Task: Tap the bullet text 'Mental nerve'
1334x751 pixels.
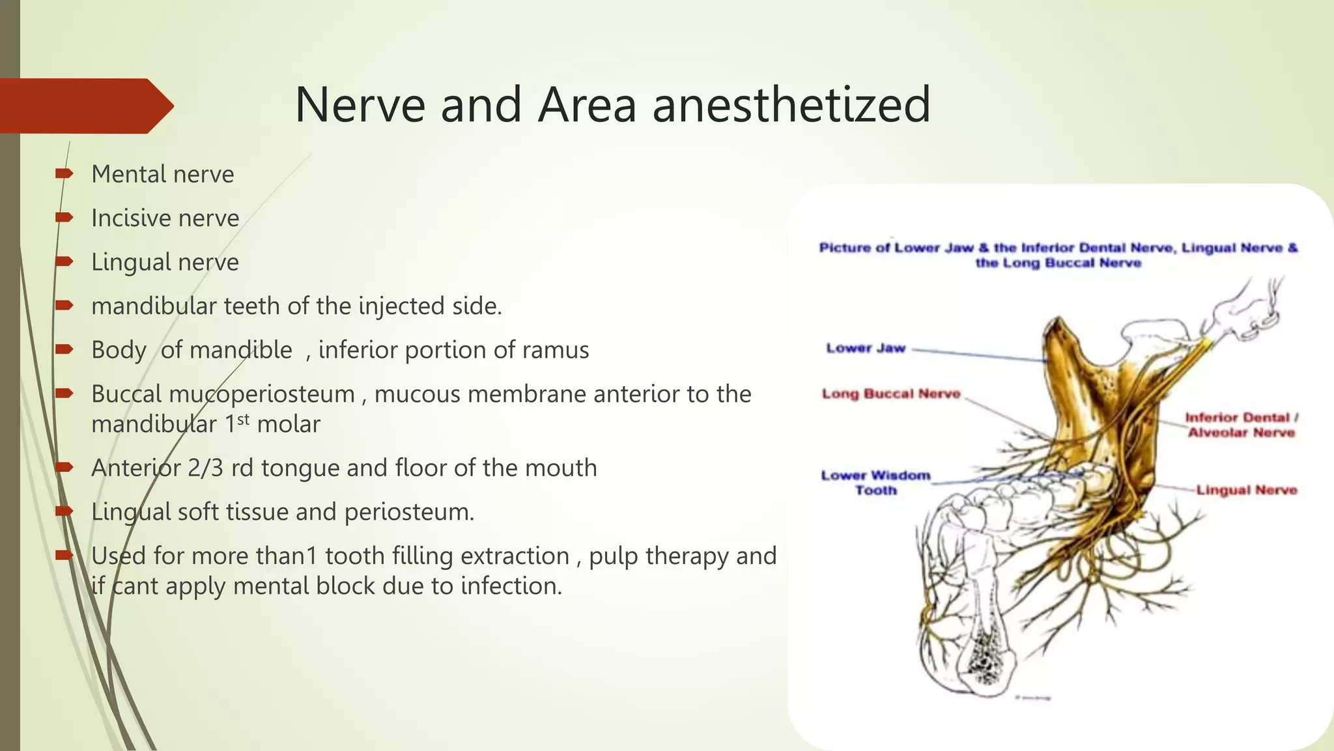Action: [x=162, y=174]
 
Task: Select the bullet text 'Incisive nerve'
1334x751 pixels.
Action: [x=165, y=218]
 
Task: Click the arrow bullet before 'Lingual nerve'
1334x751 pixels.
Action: [x=64, y=261]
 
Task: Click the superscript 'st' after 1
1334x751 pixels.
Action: [x=243, y=419]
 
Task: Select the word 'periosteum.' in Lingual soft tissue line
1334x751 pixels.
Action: [x=409, y=512]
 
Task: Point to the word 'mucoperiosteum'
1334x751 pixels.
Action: [x=223, y=394]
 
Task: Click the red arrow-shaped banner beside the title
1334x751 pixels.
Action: [x=85, y=106]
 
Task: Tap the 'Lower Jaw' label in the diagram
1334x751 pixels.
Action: [x=865, y=348]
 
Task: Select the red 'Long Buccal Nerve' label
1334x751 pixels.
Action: [x=890, y=394]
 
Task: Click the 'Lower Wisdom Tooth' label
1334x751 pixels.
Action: [x=875, y=482]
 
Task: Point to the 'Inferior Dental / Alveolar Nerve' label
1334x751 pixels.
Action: [x=1241, y=425]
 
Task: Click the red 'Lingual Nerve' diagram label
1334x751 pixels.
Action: [x=1246, y=490]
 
